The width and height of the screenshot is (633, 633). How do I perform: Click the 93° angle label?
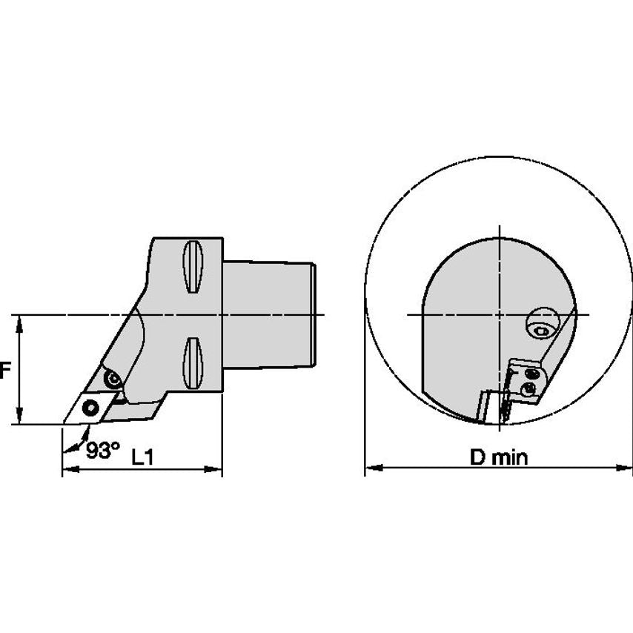coord(102,450)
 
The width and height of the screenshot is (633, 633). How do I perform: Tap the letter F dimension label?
coord(4,370)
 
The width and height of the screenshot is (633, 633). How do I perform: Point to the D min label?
coord(499,457)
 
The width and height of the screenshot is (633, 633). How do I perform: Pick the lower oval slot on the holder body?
coord(191,364)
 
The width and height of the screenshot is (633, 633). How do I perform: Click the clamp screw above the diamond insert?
coord(113,380)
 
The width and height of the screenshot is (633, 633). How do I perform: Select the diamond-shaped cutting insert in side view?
coord(87,406)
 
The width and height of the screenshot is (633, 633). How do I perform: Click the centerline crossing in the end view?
coord(501,314)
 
